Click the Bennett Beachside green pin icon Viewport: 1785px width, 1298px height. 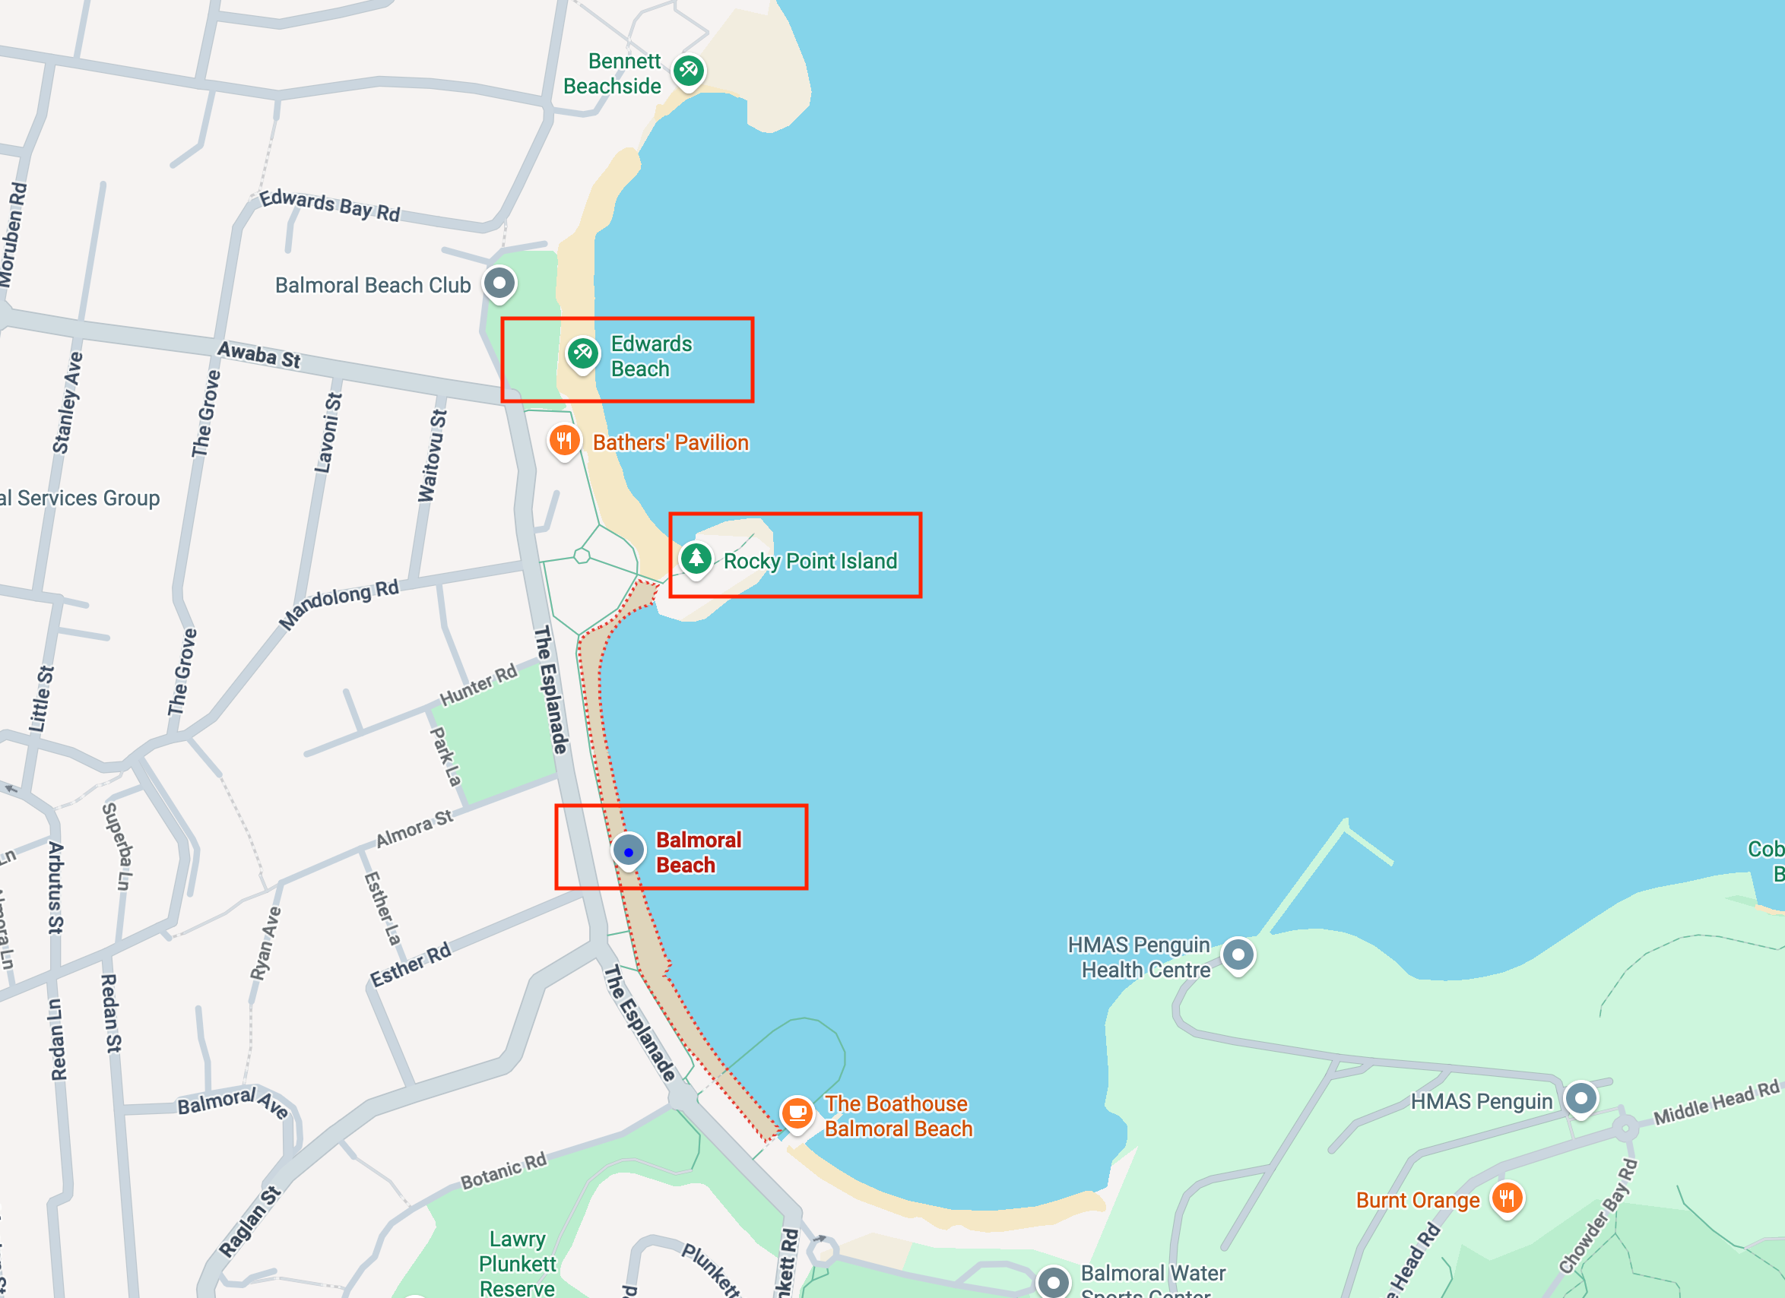click(689, 71)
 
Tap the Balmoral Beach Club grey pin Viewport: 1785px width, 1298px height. click(499, 283)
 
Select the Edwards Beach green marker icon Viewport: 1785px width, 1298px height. click(582, 353)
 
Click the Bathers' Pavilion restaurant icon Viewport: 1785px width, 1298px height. click(564, 441)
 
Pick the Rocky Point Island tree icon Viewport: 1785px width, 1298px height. click(696, 559)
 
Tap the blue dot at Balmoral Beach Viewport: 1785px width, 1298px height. click(628, 852)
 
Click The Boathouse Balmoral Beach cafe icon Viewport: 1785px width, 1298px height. click(797, 1113)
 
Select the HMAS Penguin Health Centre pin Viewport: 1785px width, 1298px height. click(1238, 955)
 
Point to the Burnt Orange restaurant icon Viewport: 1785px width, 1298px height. click(1508, 1199)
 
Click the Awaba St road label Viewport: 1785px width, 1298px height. click(259, 355)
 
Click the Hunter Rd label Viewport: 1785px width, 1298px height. click(477, 685)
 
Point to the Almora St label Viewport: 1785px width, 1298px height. click(414, 828)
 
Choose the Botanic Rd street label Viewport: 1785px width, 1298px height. click(503, 1171)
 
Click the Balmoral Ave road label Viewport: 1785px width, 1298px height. click(232, 1102)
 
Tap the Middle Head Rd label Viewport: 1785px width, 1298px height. click(1716, 1103)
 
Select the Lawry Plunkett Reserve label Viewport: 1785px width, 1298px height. click(517, 1263)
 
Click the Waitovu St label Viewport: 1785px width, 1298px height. click(432, 455)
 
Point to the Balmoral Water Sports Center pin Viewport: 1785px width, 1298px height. click(1053, 1281)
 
